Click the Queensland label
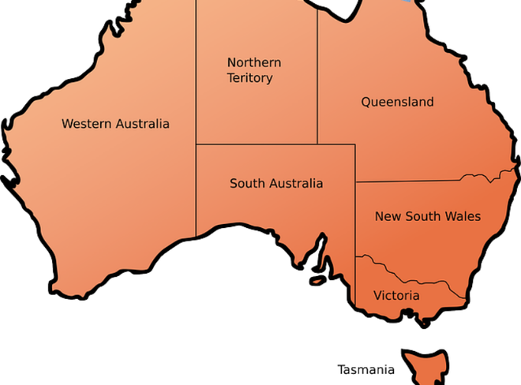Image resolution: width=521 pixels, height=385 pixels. (397, 102)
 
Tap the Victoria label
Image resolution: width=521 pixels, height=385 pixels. (396, 296)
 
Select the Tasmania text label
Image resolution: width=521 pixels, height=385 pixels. (365, 369)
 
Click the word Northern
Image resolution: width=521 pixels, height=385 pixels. (254, 62)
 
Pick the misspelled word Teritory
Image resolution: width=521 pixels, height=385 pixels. (249, 78)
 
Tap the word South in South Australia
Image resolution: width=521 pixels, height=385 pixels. (246, 184)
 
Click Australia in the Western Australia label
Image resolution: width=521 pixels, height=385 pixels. (142, 124)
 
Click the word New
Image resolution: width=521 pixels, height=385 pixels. (387, 216)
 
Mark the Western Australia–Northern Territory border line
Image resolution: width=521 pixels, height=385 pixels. (196, 71)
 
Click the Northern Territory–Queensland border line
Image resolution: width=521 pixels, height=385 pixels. (317, 79)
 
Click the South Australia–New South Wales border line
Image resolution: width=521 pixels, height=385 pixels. (355, 221)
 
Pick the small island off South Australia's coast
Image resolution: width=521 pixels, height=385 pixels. (317, 279)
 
